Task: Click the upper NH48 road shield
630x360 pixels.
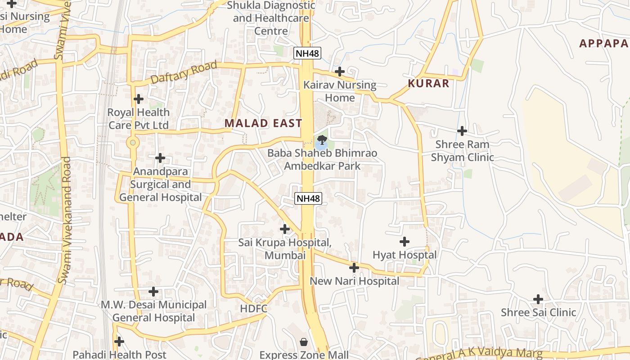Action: [x=307, y=53]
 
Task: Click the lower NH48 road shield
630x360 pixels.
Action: [x=308, y=198]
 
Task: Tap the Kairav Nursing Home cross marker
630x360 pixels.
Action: [x=340, y=72]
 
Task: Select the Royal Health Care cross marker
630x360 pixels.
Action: [x=139, y=99]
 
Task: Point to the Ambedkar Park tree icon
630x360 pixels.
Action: [x=321, y=140]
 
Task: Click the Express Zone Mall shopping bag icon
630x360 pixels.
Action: [x=304, y=342]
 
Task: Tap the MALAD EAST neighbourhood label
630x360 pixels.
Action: [x=263, y=123]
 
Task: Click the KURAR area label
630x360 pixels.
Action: [x=428, y=83]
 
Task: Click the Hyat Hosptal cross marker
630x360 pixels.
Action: [x=405, y=242]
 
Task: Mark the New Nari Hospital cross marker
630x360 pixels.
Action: [x=354, y=268]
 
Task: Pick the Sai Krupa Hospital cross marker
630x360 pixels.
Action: [x=285, y=229]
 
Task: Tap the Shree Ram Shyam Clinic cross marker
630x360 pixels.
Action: [x=462, y=131]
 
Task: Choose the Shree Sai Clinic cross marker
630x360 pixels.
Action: [x=538, y=299]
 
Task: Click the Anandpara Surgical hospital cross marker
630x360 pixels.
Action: [x=160, y=158]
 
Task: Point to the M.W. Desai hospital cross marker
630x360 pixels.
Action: [x=153, y=292]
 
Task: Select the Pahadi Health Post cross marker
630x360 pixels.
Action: [x=119, y=342]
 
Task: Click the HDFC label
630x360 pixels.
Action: [x=254, y=309]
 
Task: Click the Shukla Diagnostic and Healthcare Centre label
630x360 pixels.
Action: [x=271, y=18]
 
